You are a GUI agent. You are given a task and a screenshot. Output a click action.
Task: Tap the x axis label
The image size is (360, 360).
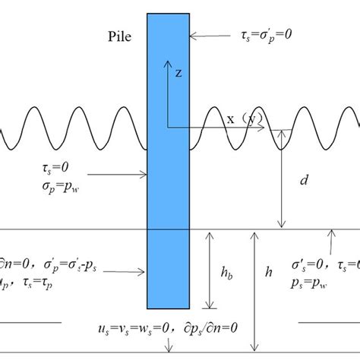[229, 118]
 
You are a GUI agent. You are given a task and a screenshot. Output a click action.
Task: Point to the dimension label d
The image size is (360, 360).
[304, 181]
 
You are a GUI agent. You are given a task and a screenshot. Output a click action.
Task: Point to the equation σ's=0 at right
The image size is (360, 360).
[308, 263]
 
